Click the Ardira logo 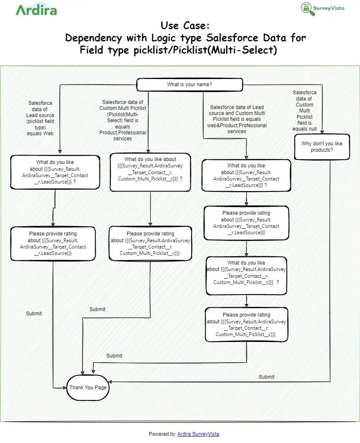tap(36, 10)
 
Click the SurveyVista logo tap(322, 8)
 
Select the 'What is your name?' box tap(190, 85)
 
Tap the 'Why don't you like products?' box tap(322, 147)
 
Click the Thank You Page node tap(88, 387)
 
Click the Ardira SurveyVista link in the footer tap(198, 434)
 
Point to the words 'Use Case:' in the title tap(185, 25)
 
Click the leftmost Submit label tap(34, 314)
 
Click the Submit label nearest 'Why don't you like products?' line tap(267, 377)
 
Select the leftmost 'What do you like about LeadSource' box tap(55, 172)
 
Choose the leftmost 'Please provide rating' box tap(53, 243)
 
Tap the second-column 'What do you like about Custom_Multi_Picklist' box tap(150, 172)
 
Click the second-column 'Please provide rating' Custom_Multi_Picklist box tap(150, 243)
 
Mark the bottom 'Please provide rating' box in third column tap(247, 324)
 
